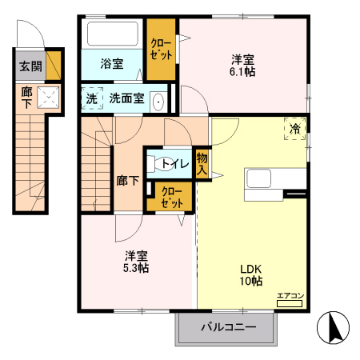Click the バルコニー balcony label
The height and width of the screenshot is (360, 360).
click(228, 327)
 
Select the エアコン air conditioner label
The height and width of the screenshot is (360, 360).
click(290, 297)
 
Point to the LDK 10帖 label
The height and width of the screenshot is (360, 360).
click(250, 274)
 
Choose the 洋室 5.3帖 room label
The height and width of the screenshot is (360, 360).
click(136, 262)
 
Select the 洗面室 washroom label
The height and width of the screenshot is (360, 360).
click(126, 98)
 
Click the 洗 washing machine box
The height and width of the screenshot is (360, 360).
click(91, 98)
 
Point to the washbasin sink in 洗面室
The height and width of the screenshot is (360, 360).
click(158, 101)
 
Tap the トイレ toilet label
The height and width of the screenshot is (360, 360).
click(175, 164)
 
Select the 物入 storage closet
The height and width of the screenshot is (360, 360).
click(202, 165)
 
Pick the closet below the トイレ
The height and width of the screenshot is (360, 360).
click(170, 197)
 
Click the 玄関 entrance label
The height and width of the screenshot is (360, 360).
click(27, 65)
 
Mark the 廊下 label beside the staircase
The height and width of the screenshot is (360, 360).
click(127, 181)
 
